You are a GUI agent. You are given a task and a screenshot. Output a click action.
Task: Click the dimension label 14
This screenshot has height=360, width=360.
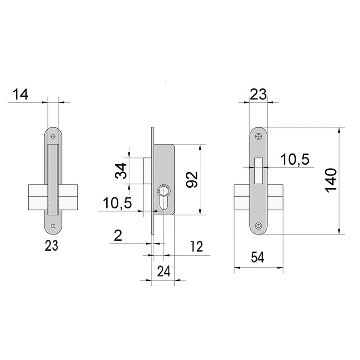pyautogui.click(x=20, y=94)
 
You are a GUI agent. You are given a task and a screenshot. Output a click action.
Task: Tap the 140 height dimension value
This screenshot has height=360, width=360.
pyautogui.click(x=331, y=180)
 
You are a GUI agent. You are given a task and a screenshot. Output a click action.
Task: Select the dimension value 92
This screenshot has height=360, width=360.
pyautogui.click(x=192, y=179)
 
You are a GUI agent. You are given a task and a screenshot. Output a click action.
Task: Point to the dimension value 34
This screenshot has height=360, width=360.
pyautogui.click(x=121, y=171)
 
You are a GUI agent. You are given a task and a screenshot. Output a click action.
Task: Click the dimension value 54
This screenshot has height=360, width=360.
pyautogui.click(x=257, y=257)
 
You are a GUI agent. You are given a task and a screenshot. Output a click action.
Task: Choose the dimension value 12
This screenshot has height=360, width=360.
pyautogui.click(x=196, y=246)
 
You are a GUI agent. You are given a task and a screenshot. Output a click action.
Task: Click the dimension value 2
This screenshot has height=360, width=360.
pyautogui.click(x=118, y=235)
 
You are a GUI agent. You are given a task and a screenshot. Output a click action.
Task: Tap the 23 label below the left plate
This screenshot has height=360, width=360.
pyautogui.click(x=51, y=246)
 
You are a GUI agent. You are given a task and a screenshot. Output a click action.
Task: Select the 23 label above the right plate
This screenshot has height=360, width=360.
pyautogui.click(x=258, y=94)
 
